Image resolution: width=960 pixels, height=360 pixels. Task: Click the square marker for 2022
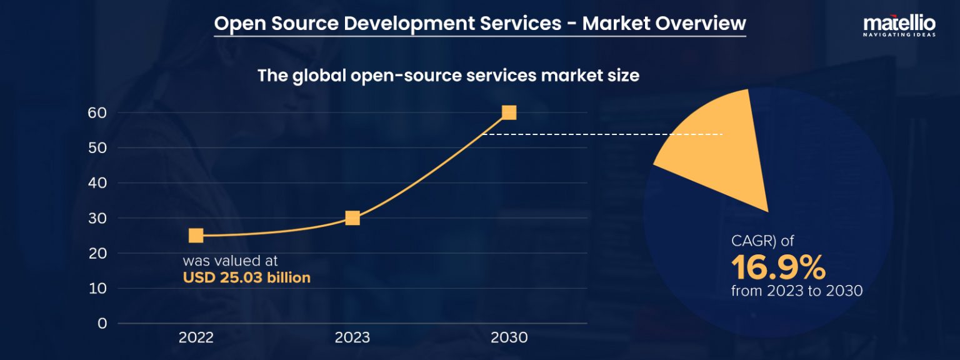(x=196, y=235)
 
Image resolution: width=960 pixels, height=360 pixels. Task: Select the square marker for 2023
(x=352, y=217)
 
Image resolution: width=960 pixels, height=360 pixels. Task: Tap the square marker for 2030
(x=509, y=112)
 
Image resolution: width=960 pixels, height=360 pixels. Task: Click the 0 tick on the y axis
(x=102, y=324)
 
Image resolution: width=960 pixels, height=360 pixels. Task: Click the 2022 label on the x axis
(x=196, y=338)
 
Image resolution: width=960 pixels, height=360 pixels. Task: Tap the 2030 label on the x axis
(x=509, y=338)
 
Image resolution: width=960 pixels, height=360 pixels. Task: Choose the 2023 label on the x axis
(x=352, y=338)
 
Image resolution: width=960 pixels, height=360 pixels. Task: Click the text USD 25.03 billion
(x=246, y=277)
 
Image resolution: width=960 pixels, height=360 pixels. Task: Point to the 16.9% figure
(x=778, y=267)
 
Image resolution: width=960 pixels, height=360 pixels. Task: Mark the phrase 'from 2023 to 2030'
(x=797, y=291)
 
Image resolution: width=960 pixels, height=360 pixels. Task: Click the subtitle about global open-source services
(x=448, y=76)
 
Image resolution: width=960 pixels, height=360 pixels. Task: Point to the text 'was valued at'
(x=230, y=261)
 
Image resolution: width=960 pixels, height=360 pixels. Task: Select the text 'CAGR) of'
(x=762, y=241)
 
